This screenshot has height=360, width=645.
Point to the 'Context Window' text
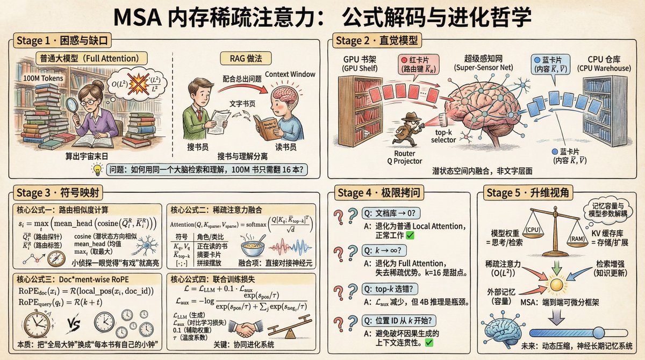[x=290, y=74]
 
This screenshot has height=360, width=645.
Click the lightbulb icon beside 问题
[x=98, y=169]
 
